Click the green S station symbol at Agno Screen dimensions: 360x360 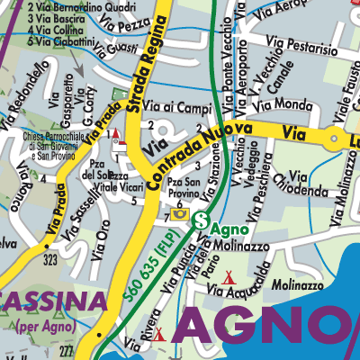(202, 219)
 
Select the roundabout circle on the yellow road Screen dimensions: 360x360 (335, 138)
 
